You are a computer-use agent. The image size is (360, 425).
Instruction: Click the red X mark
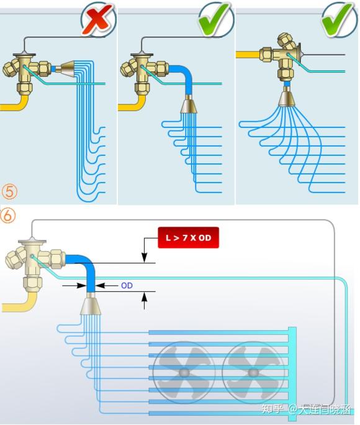click(x=98, y=19)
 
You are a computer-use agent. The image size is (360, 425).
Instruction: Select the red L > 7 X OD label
click(x=189, y=238)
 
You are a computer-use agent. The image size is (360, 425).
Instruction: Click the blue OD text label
click(x=127, y=285)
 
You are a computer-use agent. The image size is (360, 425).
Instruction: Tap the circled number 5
click(x=9, y=192)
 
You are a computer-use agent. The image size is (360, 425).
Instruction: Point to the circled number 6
click(x=7, y=216)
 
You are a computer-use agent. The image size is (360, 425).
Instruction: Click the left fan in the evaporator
click(x=184, y=372)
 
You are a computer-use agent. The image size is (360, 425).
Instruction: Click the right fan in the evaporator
click(x=253, y=372)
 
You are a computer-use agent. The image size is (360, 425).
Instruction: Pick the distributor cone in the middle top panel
click(x=189, y=104)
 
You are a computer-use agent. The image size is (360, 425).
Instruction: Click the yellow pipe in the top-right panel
click(x=248, y=55)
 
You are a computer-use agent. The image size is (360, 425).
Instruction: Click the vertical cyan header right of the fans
click(x=292, y=374)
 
